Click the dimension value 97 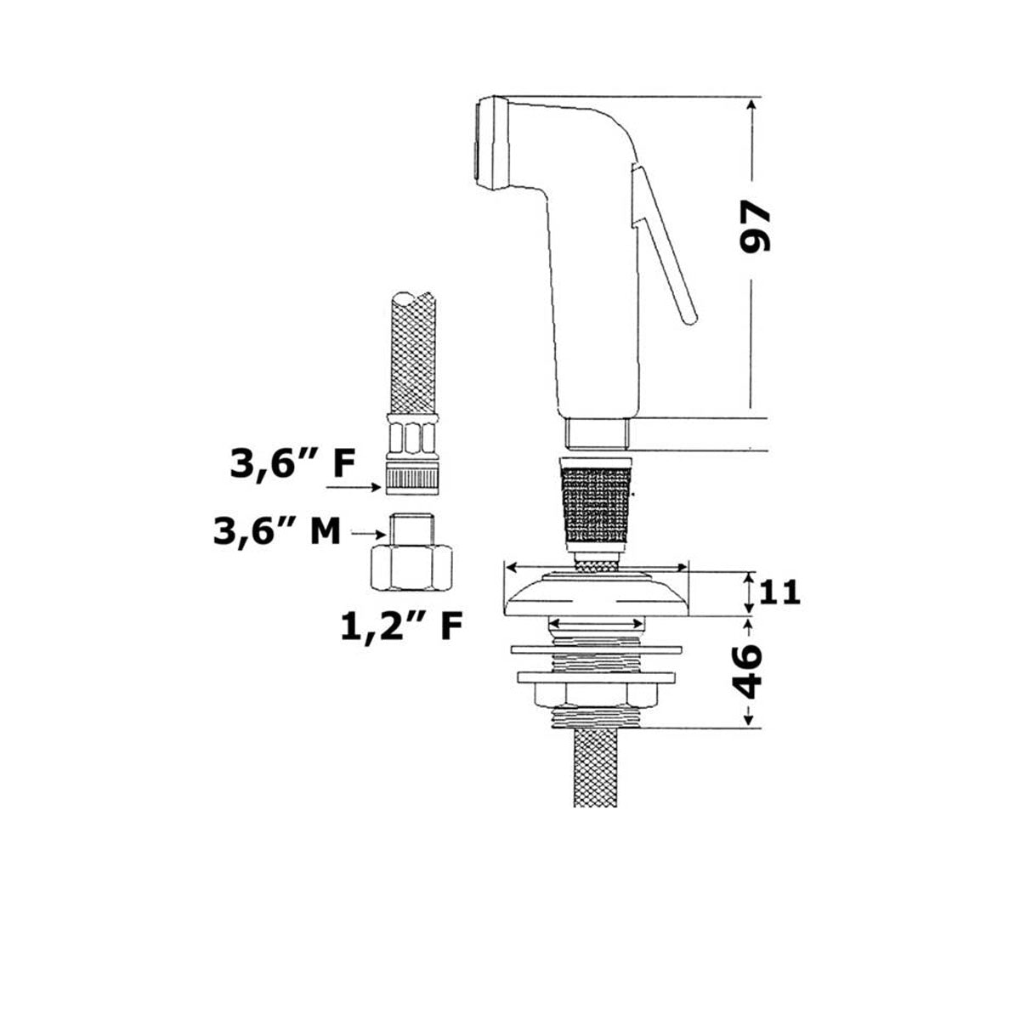point(755,227)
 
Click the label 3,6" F point(292,464)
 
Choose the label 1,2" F point(402,626)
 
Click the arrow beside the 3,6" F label point(353,488)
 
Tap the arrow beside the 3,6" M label point(371,534)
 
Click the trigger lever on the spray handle point(664,243)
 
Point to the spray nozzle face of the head point(476,143)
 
